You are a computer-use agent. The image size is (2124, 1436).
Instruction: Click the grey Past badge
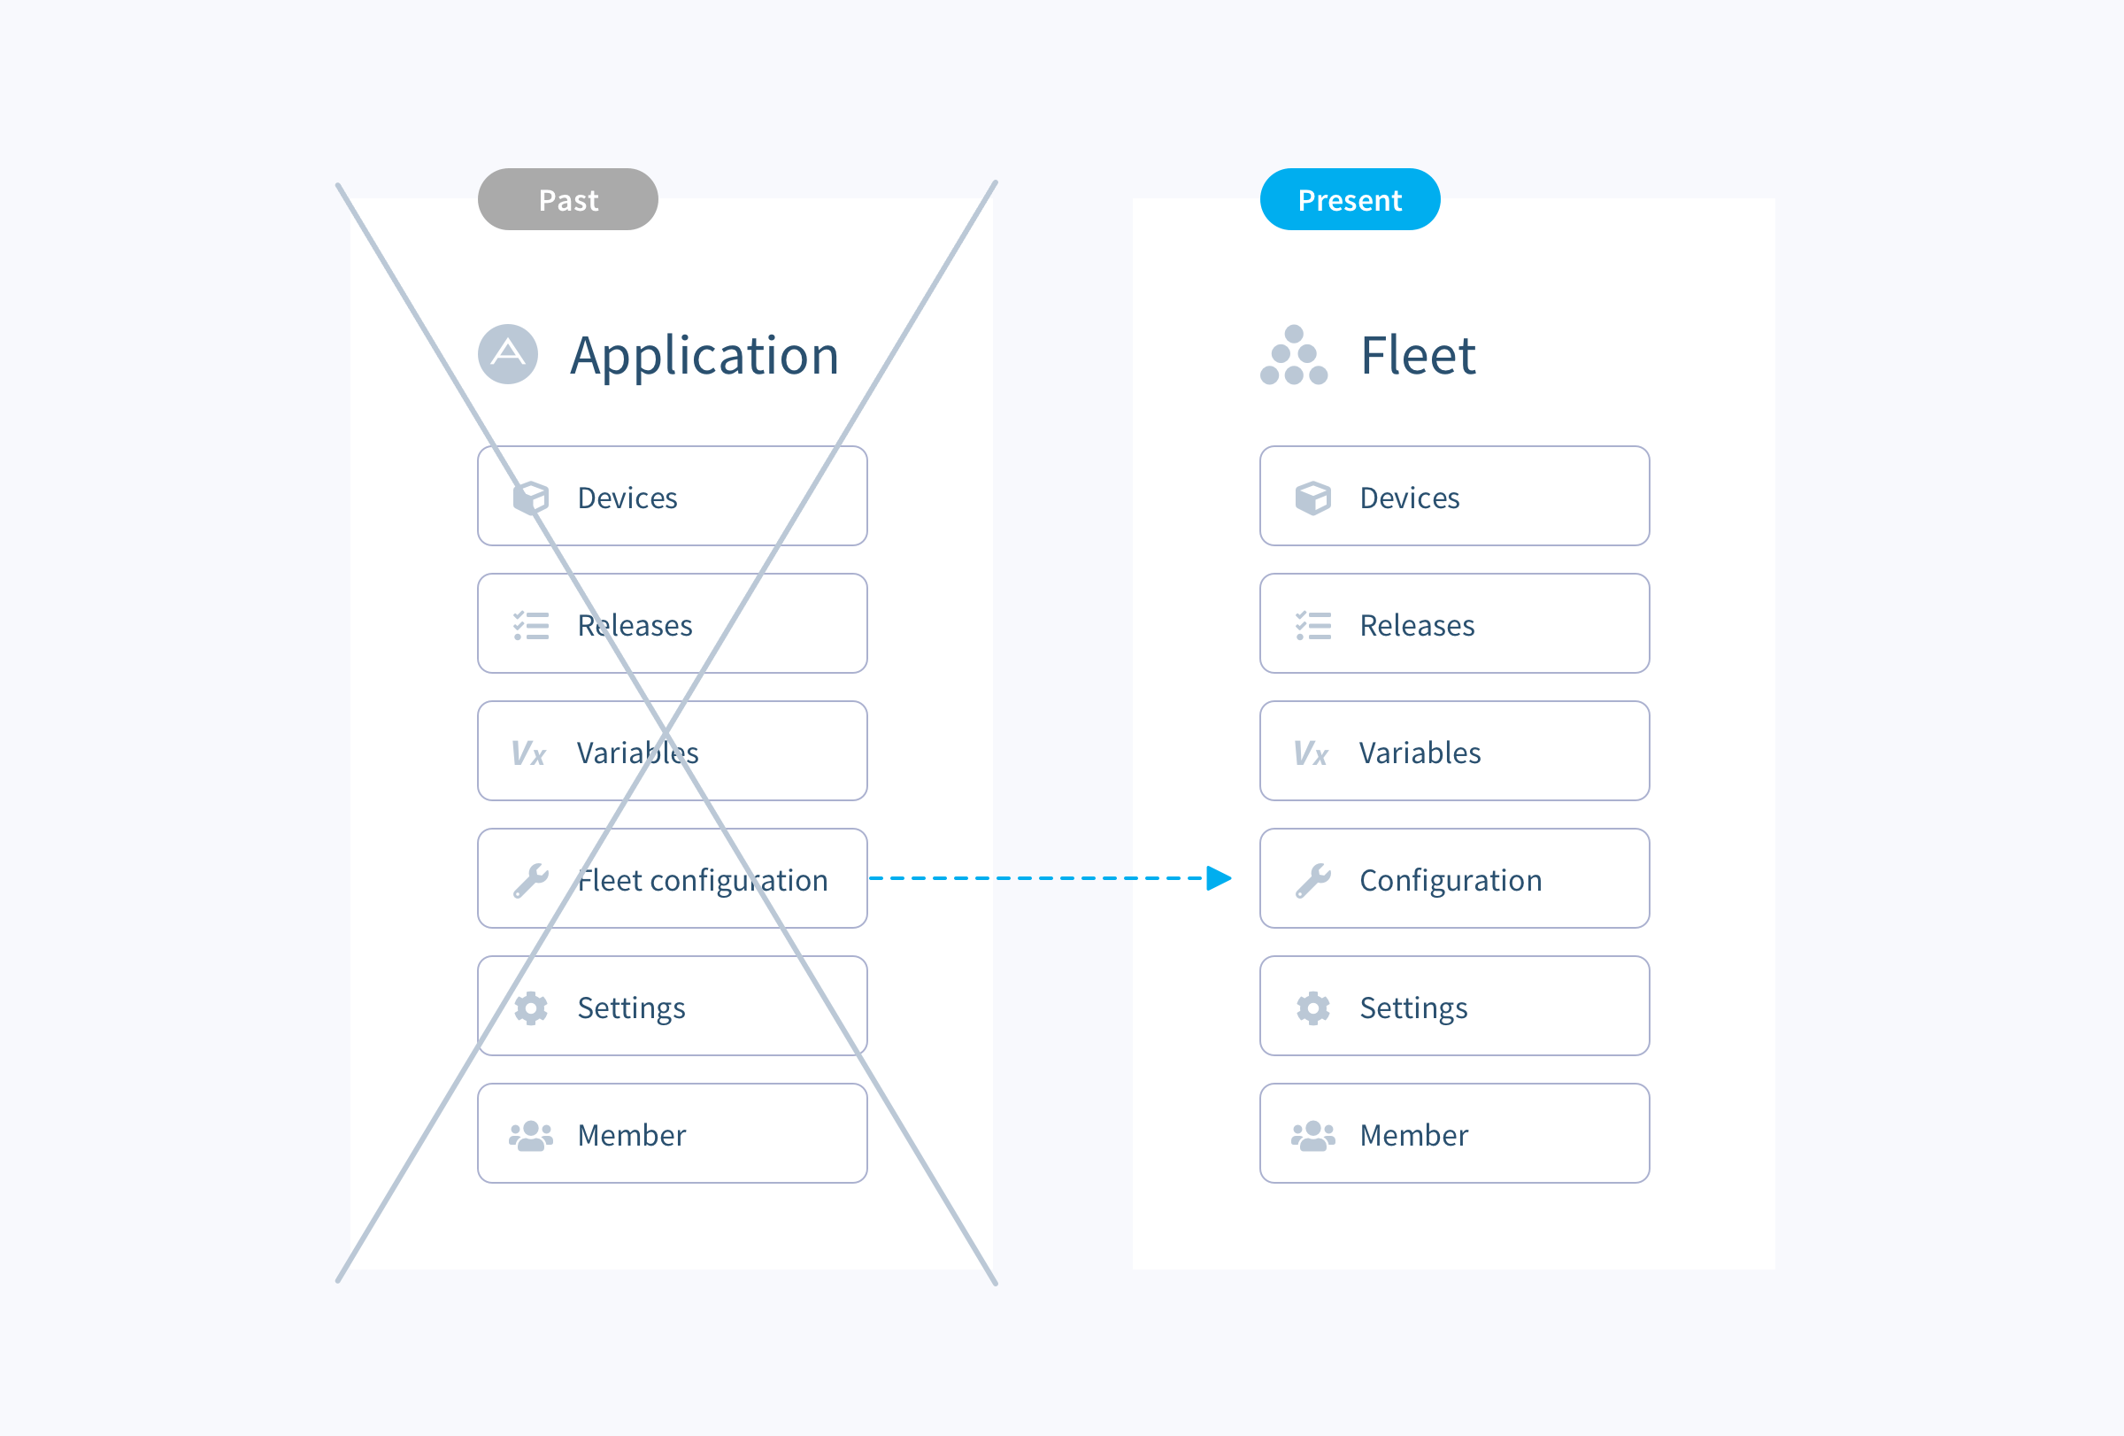[567, 199]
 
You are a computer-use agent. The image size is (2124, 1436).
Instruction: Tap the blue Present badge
[1349, 199]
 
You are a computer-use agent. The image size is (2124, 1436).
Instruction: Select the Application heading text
[704, 356]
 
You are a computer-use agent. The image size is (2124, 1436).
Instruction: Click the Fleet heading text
[1418, 356]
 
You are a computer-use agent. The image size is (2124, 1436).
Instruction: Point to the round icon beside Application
[508, 354]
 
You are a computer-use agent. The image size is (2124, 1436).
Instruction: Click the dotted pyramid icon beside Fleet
[1293, 356]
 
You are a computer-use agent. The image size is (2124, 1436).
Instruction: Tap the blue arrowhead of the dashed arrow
[1219, 878]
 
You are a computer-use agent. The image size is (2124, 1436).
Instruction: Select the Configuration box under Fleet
[1454, 878]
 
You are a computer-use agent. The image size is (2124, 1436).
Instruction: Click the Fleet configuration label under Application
[702, 880]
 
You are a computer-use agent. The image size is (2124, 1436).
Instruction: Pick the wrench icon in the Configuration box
[1312, 880]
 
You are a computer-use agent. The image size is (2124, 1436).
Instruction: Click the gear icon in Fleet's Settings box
[1312, 1008]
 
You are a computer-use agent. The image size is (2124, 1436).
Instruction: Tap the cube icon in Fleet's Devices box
[1312, 498]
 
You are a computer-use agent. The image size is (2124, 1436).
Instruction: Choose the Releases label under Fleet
[1417, 625]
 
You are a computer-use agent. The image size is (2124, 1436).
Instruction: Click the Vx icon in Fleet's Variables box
[1311, 753]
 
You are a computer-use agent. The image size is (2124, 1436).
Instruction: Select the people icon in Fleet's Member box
[1312, 1135]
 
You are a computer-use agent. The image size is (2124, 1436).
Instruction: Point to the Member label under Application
[632, 1135]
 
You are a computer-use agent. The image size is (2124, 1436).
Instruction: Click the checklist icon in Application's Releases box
[531, 625]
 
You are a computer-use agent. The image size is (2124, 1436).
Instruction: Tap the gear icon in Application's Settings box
[531, 1008]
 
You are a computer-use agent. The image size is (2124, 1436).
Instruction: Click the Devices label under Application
[627, 498]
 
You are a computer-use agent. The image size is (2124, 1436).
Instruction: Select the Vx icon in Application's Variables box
[528, 753]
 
